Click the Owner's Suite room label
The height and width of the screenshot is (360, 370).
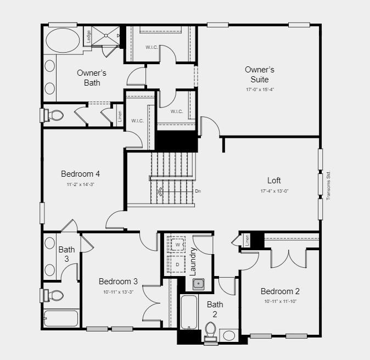260,75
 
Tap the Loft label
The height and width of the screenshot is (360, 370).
274,181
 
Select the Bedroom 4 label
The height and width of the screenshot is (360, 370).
80,175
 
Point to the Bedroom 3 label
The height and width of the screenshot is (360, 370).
118,282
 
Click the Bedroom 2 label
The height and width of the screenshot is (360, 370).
280,291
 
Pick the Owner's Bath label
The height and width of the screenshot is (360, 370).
92,78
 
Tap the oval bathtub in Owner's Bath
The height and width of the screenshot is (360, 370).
61,40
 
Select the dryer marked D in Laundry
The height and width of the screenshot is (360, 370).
178,264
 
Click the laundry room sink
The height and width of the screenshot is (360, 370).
198,284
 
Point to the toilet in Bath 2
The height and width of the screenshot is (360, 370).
210,330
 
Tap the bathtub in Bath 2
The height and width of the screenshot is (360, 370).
189,312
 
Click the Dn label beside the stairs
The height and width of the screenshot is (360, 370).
198,191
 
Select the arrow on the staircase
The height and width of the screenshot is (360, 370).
160,192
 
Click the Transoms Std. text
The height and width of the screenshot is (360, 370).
329,185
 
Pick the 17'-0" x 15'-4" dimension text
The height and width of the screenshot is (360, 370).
260,89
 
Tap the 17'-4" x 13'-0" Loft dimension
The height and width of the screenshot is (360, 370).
274,191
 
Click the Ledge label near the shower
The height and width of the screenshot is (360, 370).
89,36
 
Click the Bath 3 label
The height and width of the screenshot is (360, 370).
67,254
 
